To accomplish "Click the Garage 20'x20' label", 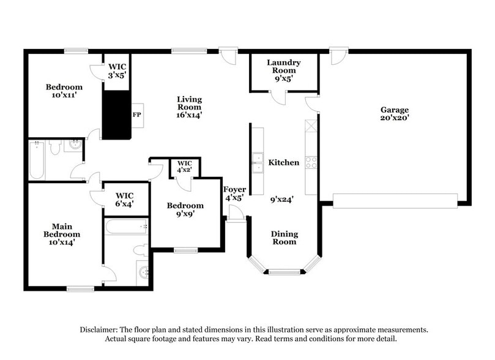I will point(394,114).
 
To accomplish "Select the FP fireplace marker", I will point(136,114).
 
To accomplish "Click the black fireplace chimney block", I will point(116,115).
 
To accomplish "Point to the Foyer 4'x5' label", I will point(234,193).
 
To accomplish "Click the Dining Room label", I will point(284,238).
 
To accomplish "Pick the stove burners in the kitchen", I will point(311,162).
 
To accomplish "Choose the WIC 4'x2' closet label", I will point(184,167).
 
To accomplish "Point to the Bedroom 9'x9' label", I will point(185,210).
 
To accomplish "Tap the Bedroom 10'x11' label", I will point(64,91).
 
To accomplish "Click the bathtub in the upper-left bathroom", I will point(37,161).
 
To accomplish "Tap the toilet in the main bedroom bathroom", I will point(140,250).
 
